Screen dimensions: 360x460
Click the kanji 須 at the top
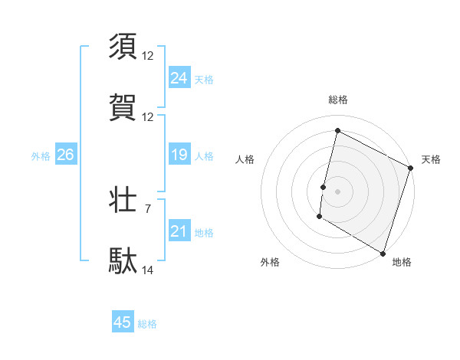click(123, 45)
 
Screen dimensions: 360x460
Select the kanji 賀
click(123, 108)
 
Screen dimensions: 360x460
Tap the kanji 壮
click(123, 200)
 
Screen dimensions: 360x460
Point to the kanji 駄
click(123, 260)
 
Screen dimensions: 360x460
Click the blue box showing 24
click(179, 77)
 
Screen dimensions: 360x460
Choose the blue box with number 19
click(179, 155)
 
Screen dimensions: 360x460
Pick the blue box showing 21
click(179, 231)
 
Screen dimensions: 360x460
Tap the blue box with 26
click(65, 155)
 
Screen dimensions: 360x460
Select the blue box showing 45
click(123, 322)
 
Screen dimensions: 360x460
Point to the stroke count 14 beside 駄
click(148, 270)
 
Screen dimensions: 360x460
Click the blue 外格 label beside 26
click(41, 155)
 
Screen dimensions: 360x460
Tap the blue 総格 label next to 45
click(147, 324)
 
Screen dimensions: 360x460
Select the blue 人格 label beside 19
click(204, 155)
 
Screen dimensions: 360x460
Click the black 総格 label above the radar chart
click(337, 100)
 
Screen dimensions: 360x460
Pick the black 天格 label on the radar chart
click(431, 159)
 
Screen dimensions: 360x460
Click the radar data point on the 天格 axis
click(411, 169)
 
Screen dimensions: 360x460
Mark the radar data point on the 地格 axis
click(383, 252)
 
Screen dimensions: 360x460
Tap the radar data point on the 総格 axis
click(337, 130)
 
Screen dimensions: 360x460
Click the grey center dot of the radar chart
click(337, 190)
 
